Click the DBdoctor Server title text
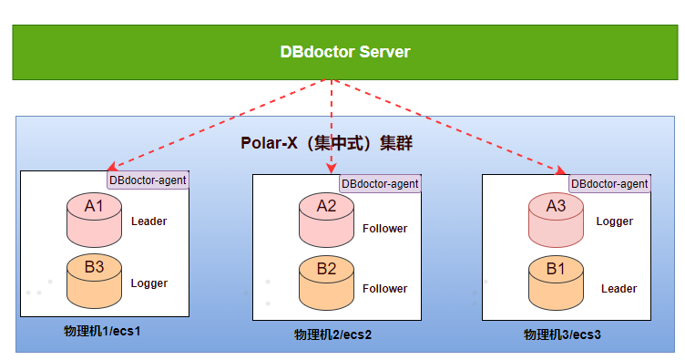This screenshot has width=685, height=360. coord(345,52)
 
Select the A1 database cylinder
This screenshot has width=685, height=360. coord(94,221)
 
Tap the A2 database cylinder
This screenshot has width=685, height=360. coord(326,221)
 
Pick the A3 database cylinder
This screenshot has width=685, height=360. coord(556,221)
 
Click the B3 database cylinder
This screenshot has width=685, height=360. coord(94,282)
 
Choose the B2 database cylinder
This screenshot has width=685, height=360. coord(326,283)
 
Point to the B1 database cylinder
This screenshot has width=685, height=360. coord(556,283)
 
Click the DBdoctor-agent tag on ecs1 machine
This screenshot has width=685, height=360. coord(148,180)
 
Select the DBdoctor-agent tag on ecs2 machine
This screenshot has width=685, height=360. coord(380,183)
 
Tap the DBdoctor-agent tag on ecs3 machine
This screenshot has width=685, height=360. coord(609,183)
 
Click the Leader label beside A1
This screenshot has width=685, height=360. coord(149,221)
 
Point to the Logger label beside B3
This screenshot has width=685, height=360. coord(149,283)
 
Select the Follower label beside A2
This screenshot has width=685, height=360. coord(385,229)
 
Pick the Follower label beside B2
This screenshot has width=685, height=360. coord(385,289)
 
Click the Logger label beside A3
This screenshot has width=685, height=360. coord(615,221)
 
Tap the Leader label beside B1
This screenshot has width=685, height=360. coord(619,289)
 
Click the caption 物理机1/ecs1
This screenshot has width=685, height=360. coord(102,331)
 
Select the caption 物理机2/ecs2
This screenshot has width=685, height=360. coord(332,334)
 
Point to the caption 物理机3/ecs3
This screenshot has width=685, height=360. coord(562,334)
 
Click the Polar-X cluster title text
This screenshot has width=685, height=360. coord(326,143)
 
